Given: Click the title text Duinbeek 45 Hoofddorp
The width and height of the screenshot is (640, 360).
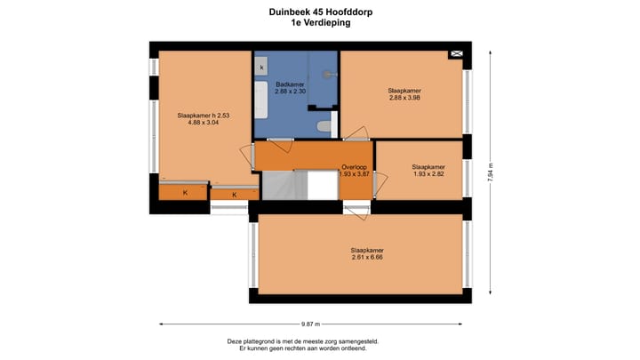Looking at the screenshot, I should tap(320, 12).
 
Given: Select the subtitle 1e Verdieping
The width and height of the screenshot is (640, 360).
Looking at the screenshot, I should tap(320, 24).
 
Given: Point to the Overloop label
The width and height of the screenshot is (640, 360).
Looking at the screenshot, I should tap(355, 167).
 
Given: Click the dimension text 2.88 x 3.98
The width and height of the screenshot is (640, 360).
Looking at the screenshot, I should tap(404, 98).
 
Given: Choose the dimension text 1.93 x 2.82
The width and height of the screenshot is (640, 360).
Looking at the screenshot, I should tap(428, 173).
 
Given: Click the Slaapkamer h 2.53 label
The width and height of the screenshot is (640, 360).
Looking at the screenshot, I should tap(204, 115).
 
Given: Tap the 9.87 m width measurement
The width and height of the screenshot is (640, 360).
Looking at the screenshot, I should tap(310, 324).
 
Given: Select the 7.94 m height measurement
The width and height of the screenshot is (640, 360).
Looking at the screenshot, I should tap(490, 169).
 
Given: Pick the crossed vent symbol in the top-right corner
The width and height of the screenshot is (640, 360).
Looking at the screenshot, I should tap(457, 55).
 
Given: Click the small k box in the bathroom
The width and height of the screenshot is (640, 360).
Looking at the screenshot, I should tap(262, 67).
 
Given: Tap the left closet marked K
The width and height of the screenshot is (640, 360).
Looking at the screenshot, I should tap(185, 192).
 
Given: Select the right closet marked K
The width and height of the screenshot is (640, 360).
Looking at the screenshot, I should tap(235, 195).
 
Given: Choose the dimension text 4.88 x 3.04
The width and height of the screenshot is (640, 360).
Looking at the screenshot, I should tap(204, 123).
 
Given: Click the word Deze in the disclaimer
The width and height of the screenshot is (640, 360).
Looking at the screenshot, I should tap(235, 341).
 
